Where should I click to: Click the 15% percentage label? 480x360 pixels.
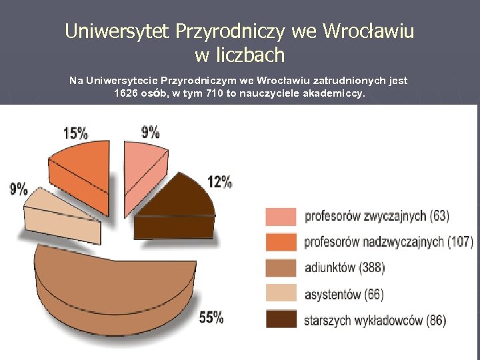75,132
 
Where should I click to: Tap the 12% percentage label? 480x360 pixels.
219,181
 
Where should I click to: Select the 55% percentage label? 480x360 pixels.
211,317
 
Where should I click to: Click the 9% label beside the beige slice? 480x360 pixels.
19,189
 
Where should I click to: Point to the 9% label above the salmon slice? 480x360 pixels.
150,131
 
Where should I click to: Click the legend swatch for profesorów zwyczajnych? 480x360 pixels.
280,217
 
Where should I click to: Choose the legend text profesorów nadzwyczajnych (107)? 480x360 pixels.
389,242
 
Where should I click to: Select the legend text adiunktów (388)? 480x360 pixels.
344,268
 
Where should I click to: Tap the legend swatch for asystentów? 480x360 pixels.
280,294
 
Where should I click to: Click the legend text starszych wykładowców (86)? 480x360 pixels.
375,320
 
